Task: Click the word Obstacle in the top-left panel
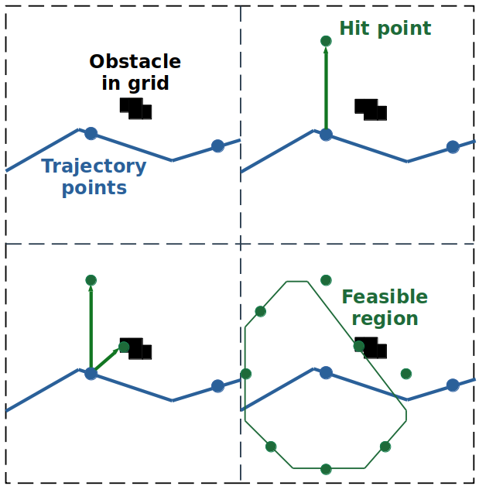coord(135,62)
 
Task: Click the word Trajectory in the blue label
coord(94,166)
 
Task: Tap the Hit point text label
coord(385,29)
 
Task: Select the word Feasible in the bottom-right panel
coord(384,297)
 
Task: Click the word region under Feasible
coord(384,319)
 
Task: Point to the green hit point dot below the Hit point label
coord(326,41)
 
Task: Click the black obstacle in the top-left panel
coord(135,108)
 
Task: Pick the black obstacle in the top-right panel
coord(371,109)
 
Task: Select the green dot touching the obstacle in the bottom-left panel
coord(124,347)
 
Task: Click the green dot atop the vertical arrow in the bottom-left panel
coord(91,280)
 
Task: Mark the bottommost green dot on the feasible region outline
coord(326,469)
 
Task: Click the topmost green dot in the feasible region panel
coord(326,280)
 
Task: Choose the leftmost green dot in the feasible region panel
coord(246,375)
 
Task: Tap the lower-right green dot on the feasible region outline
coord(385,447)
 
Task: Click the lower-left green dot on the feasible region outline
coord(271,447)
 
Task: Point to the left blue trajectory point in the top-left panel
coord(91,133)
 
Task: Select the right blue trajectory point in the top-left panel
coord(217,146)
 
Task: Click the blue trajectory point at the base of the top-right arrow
coord(326,135)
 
